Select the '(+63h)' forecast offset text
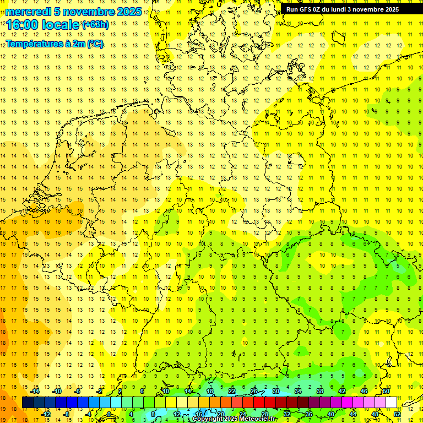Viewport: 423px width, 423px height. pyautogui.click(x=96, y=25)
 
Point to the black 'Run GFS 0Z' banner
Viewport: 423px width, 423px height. pyautogui.click(x=350, y=9)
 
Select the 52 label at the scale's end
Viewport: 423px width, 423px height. pyautogui.click(x=397, y=414)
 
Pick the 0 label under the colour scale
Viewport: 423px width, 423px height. pyautogui.click(x=109, y=414)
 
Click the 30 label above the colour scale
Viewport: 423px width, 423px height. pyautogui.click(x=275, y=391)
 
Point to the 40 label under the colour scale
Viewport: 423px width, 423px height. pyautogui.click(x=331, y=414)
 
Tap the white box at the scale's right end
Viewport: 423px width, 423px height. pyautogui.click(x=392, y=403)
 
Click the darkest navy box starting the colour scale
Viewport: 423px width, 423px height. pyautogui.click(x=28, y=403)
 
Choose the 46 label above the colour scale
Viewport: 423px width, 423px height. pyautogui.click(x=364, y=391)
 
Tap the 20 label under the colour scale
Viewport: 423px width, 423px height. pyautogui.click(x=220, y=414)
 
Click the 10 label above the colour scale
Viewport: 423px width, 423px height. pyautogui.click(x=165, y=391)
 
